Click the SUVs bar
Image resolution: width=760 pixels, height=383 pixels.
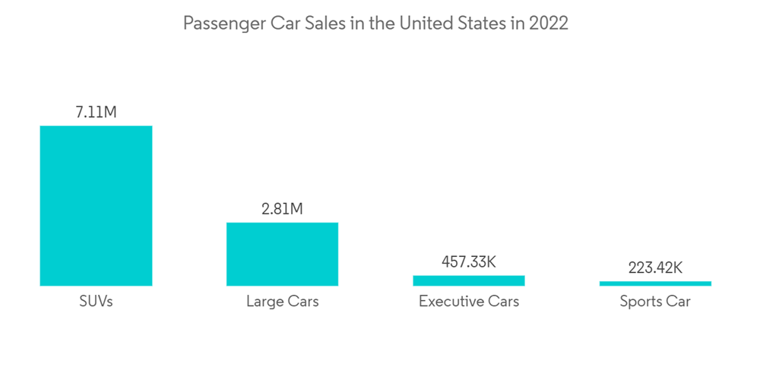pos(96,205)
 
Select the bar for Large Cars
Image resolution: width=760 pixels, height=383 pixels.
pos(282,254)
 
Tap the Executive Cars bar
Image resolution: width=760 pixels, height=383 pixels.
pos(468,280)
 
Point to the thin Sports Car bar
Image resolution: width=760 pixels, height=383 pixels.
pos(655,283)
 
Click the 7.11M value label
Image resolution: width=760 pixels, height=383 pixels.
pos(96,112)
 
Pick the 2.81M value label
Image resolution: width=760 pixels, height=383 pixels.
pos(282,209)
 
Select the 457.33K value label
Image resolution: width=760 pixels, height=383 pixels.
pos(468,262)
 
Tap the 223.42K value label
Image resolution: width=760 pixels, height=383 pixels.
pos(655,267)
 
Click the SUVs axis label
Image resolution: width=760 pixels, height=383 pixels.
pos(96,302)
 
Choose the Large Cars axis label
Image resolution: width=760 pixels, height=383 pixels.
pos(282,302)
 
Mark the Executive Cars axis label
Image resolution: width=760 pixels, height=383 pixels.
pos(468,302)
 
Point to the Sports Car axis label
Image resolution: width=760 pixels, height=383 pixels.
pos(655,302)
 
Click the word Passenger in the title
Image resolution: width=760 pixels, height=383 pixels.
pos(223,24)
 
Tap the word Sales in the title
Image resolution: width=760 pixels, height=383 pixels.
pos(325,24)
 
